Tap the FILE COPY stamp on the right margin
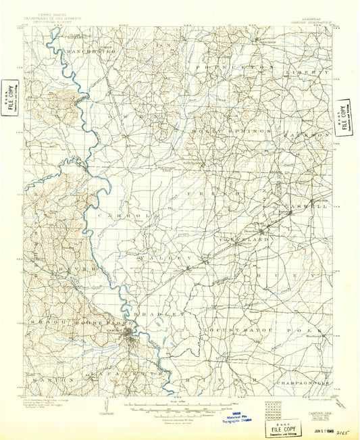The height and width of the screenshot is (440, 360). pyautogui.click(x=344, y=115)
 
